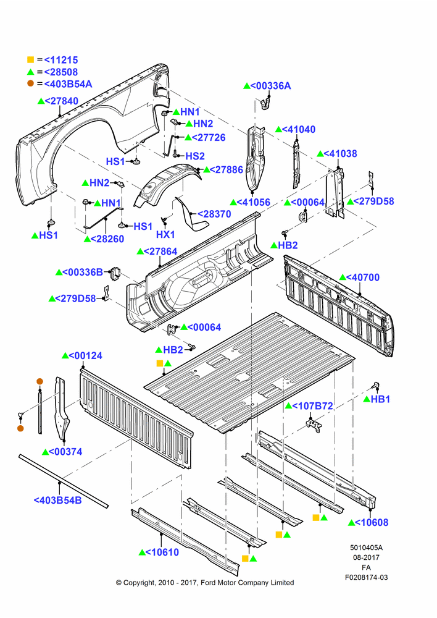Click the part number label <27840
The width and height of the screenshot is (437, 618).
pyautogui.click(x=62, y=101)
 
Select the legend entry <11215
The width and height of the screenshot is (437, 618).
pyautogui.click(x=61, y=60)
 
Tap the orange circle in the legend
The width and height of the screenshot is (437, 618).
pyautogui.click(x=30, y=83)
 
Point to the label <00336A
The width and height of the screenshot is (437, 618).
pyautogui.click(x=270, y=85)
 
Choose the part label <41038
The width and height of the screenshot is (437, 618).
pyautogui.click(x=341, y=153)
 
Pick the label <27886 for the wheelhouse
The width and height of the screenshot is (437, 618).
pyautogui.click(x=227, y=169)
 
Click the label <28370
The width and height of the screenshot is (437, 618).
pyautogui.click(x=214, y=214)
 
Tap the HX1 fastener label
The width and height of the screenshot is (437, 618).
pyautogui.click(x=165, y=234)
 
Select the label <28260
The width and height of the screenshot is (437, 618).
pyautogui.click(x=107, y=239)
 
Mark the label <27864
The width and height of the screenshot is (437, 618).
pyautogui.click(x=160, y=252)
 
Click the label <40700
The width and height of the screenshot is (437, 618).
pyautogui.click(x=363, y=277)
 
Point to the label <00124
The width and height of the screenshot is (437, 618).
pyautogui.click(x=85, y=355)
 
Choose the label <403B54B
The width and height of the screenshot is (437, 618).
pyautogui.click(x=57, y=500)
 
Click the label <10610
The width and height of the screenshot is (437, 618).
pyautogui.click(x=162, y=552)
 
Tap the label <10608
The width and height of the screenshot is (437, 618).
pyautogui.click(x=372, y=522)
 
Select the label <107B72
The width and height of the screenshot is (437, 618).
pyautogui.click(x=312, y=405)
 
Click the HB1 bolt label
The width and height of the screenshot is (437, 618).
pyautogui.click(x=380, y=399)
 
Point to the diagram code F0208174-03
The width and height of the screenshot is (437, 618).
pyautogui.click(x=366, y=577)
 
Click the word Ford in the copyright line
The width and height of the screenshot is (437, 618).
pyautogui.click(x=208, y=583)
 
